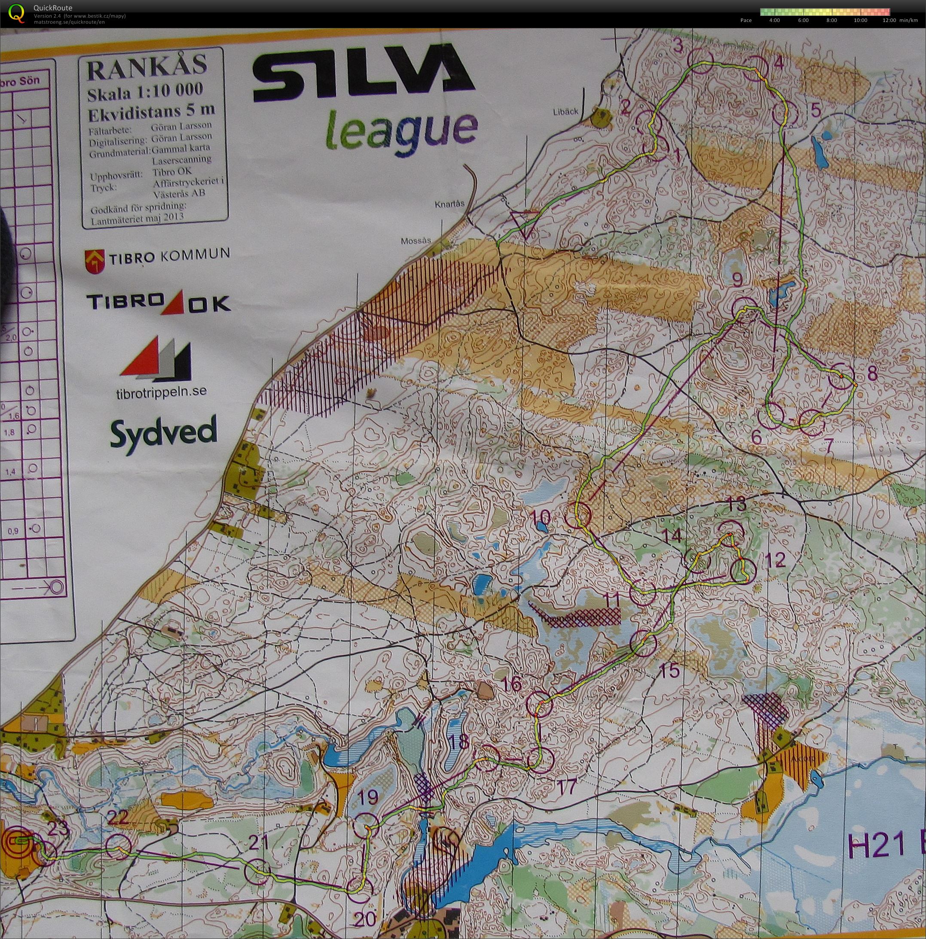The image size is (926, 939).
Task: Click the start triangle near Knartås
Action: click(x=525, y=222)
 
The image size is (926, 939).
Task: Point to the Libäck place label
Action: click(x=565, y=111)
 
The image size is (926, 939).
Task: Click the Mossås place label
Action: click(x=416, y=241)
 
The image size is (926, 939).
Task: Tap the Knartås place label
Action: click(x=449, y=204)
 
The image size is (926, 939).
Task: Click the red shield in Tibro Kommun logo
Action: click(x=95, y=261)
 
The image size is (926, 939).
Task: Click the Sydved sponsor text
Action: click(x=163, y=435)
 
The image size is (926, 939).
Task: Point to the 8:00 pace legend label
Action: click(x=831, y=21)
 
